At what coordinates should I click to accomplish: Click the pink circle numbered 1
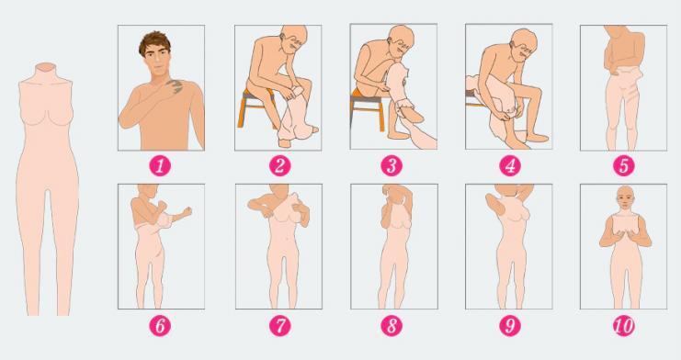160,166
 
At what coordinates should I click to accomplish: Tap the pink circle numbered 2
279,166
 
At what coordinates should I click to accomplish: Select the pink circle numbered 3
392,166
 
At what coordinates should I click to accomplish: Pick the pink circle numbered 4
510,166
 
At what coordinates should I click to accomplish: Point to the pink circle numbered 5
624,166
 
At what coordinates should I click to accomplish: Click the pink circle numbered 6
160,326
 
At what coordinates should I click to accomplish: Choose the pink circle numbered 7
279,326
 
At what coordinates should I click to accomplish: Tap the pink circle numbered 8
392,326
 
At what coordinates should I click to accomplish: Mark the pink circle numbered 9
510,326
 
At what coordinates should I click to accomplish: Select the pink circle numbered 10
624,326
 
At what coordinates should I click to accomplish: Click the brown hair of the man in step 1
154,40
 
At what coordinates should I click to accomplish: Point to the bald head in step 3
402,37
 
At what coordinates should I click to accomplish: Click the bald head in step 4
524,40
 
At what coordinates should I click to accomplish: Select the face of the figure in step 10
624,200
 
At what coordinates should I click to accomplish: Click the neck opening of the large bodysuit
46,66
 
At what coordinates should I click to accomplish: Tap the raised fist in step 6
187,212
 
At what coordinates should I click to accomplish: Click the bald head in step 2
293,37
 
